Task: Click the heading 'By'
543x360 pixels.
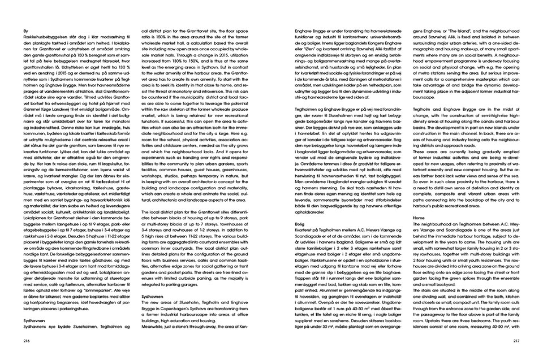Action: click(x=25, y=31)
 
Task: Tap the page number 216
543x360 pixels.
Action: click(x=26, y=341)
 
